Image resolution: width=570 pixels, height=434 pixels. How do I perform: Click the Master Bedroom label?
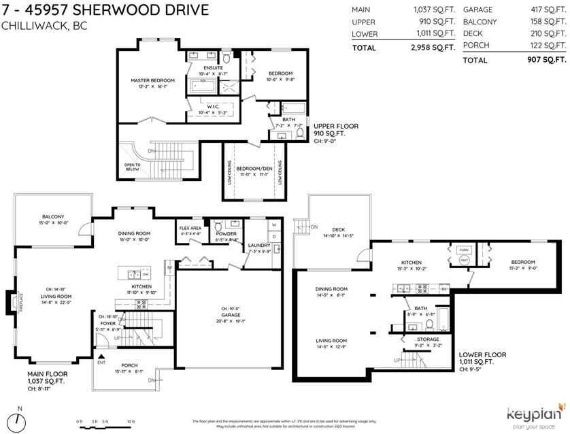point(152,80)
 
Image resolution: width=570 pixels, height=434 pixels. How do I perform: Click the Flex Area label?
point(190,228)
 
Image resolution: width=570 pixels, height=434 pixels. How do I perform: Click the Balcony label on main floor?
point(52,217)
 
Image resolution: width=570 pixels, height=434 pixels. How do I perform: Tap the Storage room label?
point(428,339)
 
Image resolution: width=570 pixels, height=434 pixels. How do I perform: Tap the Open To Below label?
point(132,167)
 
